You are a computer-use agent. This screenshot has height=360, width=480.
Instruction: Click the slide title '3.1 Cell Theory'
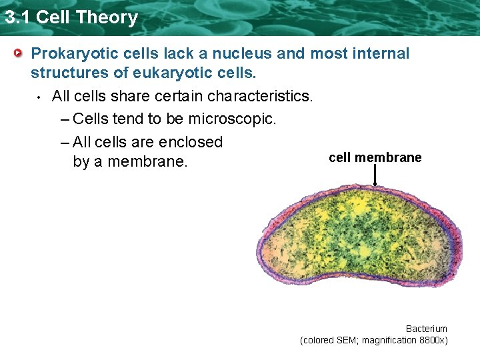click(71, 17)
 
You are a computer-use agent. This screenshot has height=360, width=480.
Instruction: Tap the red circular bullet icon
click(20, 53)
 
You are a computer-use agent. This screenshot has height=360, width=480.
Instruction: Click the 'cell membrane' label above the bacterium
click(375, 157)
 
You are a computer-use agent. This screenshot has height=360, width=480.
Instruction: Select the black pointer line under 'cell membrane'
click(375, 175)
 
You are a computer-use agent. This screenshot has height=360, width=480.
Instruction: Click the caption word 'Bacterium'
click(427, 329)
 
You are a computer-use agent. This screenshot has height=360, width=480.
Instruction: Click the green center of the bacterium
click(360, 240)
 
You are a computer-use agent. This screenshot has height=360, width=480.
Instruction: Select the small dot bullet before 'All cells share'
click(40, 97)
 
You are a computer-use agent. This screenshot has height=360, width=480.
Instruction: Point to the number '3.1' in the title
click(18, 17)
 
